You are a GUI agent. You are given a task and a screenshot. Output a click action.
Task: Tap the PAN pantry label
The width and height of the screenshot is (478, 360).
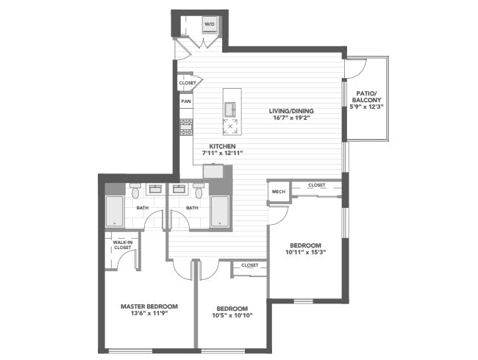[186, 101]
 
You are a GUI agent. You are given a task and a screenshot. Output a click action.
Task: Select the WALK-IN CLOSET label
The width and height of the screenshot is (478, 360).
[122, 245]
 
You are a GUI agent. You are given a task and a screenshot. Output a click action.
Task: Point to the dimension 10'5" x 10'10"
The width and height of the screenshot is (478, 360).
[232, 316]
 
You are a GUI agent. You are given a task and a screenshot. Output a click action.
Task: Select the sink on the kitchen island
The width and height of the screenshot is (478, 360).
[232, 108]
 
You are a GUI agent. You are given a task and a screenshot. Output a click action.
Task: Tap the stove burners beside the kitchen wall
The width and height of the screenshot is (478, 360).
[186, 126]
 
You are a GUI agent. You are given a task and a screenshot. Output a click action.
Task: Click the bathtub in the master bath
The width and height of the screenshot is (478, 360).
[115, 212]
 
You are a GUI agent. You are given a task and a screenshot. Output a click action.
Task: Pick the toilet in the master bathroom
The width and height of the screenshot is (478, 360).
[135, 193]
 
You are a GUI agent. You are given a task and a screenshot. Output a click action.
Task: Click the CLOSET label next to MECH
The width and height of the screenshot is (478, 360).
[317, 185]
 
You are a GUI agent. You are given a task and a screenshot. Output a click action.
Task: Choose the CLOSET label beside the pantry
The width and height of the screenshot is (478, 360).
[187, 83]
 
